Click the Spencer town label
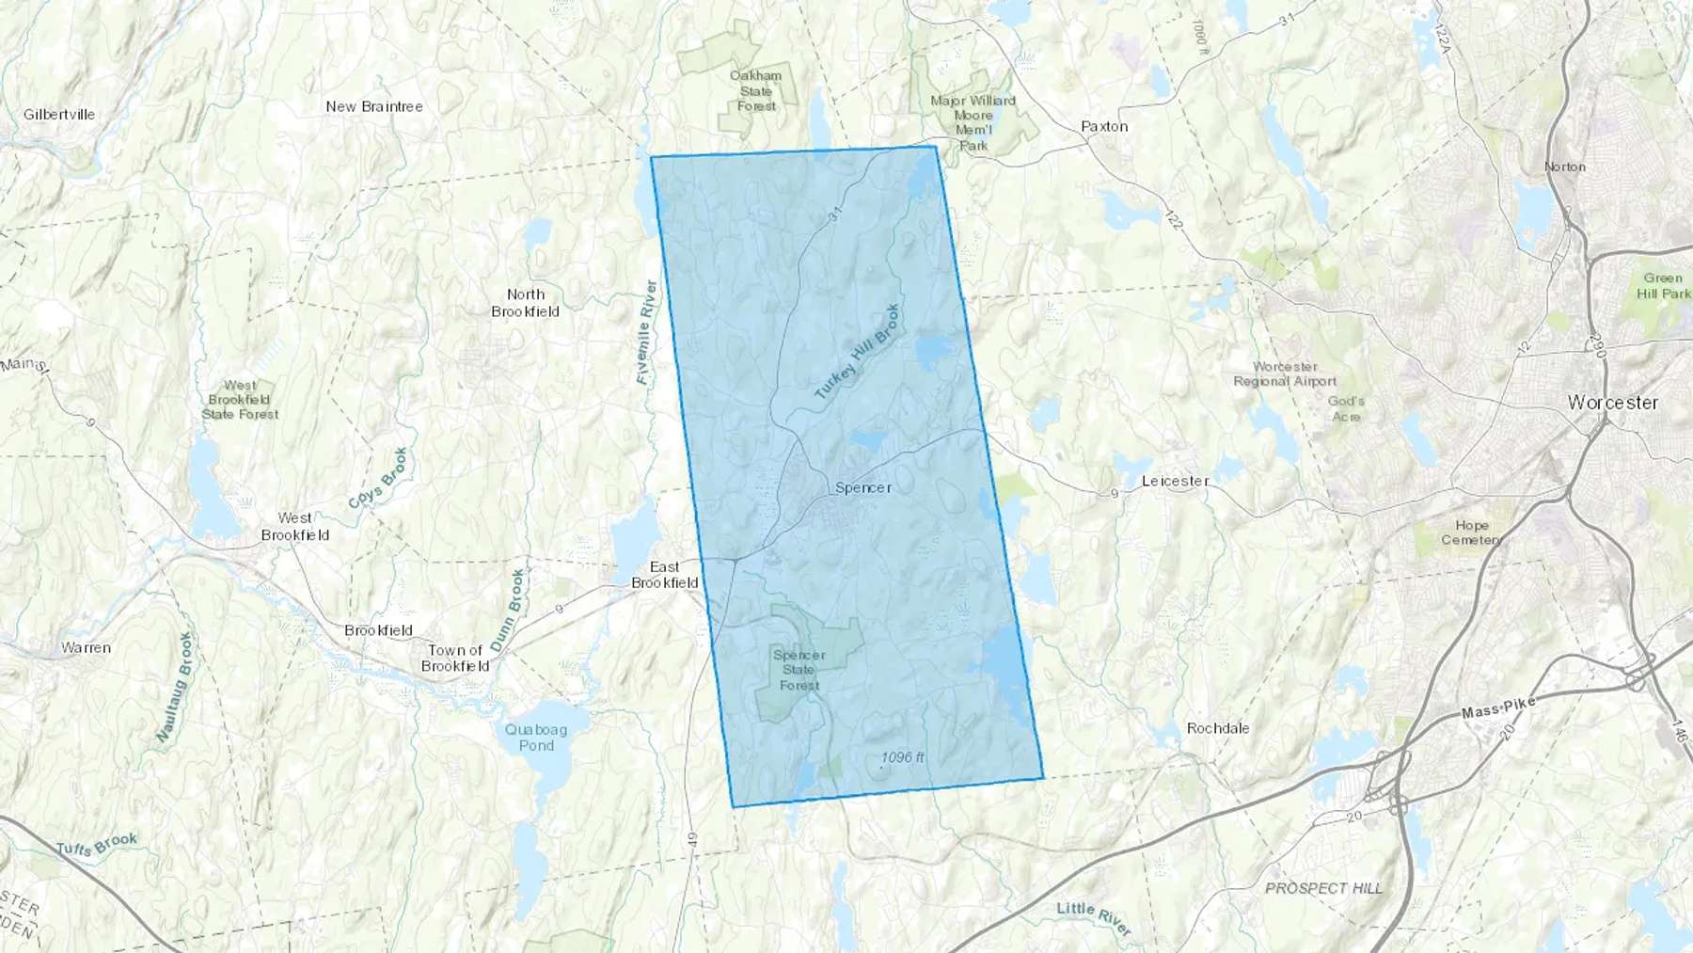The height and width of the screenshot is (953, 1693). click(x=862, y=487)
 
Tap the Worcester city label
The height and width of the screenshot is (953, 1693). click(x=1612, y=403)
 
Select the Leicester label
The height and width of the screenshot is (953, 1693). click(x=1175, y=481)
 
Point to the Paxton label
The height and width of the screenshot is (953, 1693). click(x=1104, y=126)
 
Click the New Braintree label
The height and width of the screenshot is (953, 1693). click(x=374, y=106)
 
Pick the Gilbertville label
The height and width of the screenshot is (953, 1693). click(x=59, y=115)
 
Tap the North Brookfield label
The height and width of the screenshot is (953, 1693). click(x=525, y=303)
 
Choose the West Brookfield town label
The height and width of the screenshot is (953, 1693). click(x=295, y=526)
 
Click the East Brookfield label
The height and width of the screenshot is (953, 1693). click(x=664, y=575)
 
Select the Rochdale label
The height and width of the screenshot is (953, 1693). click(x=1218, y=728)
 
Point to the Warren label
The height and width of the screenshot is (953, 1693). click(x=86, y=647)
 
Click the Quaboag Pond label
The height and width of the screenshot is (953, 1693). click(x=536, y=738)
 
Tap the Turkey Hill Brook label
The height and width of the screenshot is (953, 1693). click(x=857, y=352)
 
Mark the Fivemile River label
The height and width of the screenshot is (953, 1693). click(x=646, y=332)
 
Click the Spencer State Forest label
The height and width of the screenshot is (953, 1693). click(x=799, y=670)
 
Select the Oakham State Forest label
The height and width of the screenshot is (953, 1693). click(x=756, y=90)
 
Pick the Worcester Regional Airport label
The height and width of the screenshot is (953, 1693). click(x=1285, y=373)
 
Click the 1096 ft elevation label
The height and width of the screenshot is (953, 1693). click(x=902, y=757)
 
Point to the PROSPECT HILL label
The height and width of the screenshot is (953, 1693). click(x=1323, y=888)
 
